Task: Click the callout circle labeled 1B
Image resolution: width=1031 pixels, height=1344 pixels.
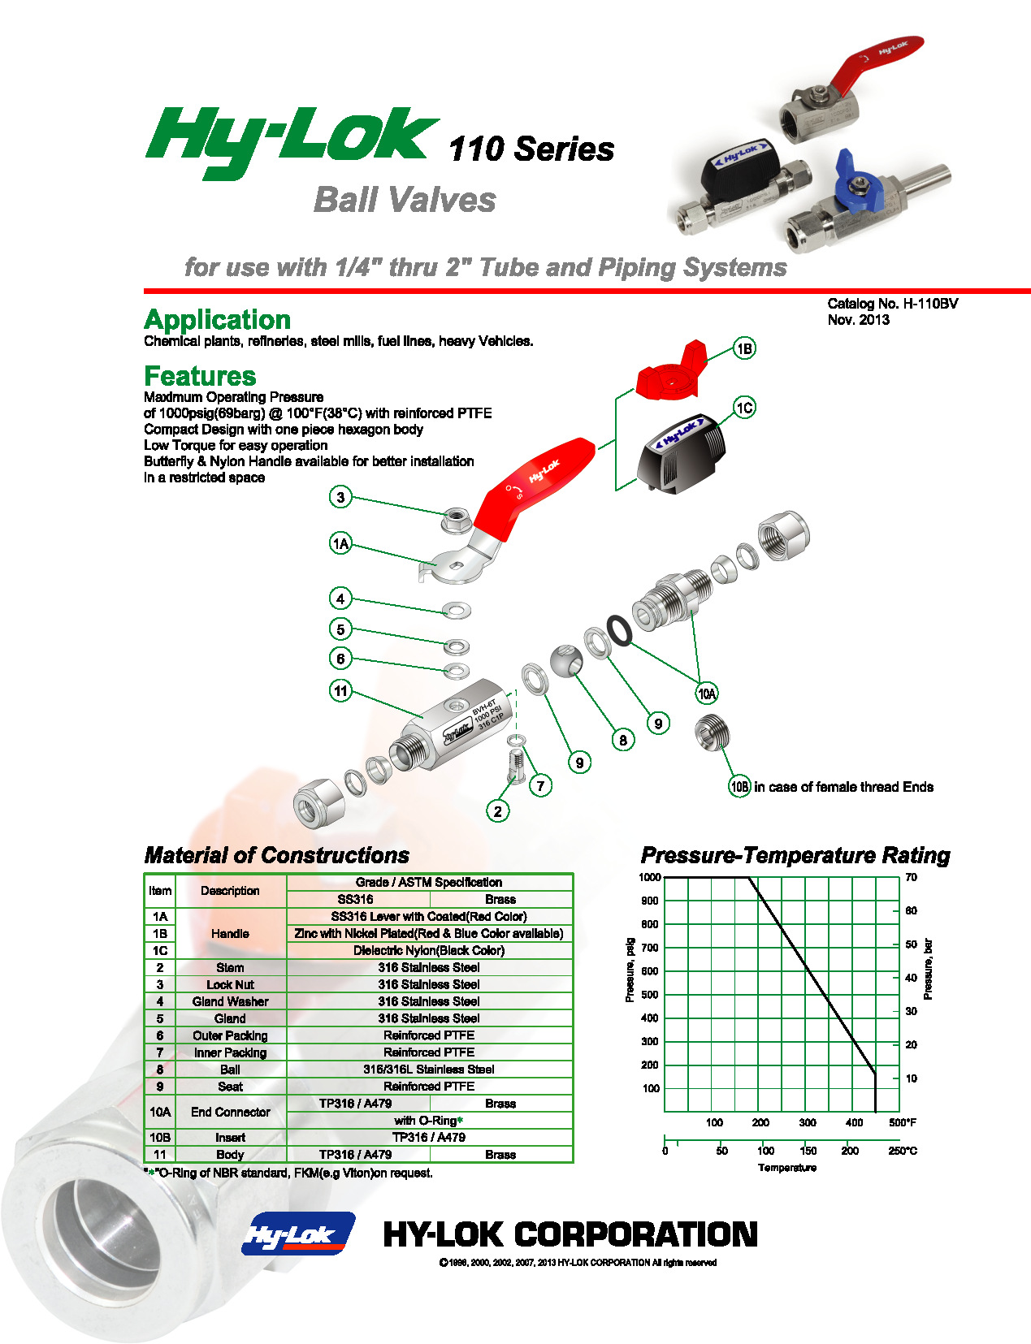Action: pyautogui.click(x=744, y=348)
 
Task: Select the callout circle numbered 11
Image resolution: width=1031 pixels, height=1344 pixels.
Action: pyautogui.click(x=340, y=691)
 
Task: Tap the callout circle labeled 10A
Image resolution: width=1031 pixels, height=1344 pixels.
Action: pyautogui.click(x=707, y=693)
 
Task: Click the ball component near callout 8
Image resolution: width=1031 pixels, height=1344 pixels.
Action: pyautogui.click(x=566, y=660)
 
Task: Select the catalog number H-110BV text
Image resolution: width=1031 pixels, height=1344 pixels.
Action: pyautogui.click(x=892, y=304)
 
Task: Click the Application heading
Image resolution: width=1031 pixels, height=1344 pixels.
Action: pyautogui.click(x=217, y=319)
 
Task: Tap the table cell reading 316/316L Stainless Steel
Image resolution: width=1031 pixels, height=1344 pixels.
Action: pyautogui.click(x=429, y=1070)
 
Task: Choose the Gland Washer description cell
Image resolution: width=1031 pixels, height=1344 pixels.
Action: pyautogui.click(x=230, y=1001)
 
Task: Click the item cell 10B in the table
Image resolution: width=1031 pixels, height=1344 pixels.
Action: pyautogui.click(x=160, y=1137)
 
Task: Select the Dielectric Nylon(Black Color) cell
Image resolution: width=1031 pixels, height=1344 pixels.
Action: pyautogui.click(x=429, y=950)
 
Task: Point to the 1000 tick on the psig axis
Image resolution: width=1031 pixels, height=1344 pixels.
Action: pyautogui.click(x=650, y=877)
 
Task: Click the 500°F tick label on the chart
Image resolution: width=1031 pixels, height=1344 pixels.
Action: pyautogui.click(x=902, y=1122)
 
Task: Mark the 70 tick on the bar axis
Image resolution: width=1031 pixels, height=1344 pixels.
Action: pyautogui.click(x=912, y=877)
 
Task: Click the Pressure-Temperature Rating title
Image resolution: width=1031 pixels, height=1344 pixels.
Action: pyautogui.click(x=795, y=855)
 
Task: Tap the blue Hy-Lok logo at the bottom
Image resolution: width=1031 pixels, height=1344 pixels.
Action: pyautogui.click(x=298, y=1234)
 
